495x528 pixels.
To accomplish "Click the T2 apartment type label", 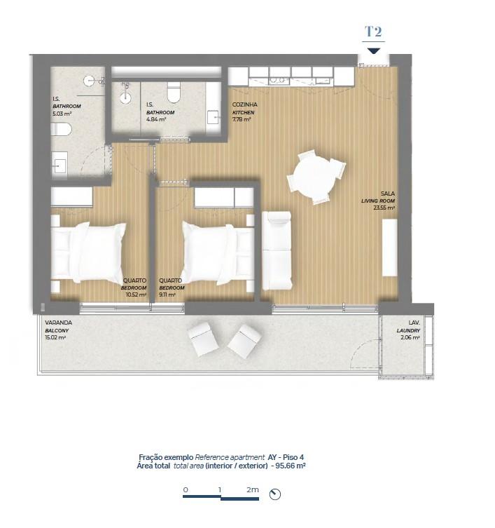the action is point(373,32).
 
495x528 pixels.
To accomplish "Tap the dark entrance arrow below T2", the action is point(374,51).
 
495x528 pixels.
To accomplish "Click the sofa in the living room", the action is point(277,250).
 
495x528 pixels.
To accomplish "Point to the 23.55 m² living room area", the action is point(384,208).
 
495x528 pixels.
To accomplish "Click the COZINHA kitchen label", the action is point(245,104).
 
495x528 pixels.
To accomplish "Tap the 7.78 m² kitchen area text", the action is point(242,119).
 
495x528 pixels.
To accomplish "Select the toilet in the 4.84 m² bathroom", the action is point(174,93).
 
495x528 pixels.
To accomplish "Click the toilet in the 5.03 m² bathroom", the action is point(61,129).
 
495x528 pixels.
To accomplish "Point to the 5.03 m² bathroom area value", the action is point(62,114).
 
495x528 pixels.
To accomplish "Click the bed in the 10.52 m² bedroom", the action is point(88,252).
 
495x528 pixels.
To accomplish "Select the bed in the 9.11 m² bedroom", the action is point(218,252).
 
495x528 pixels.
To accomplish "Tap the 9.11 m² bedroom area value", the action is point(167,295).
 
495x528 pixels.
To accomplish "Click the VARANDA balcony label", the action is point(59,323).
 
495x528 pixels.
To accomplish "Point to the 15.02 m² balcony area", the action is point(55,337).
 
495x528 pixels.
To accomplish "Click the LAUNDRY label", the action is point(408,331).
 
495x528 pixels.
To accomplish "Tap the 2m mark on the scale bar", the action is point(253,489).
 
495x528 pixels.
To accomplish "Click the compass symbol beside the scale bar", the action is point(275,494).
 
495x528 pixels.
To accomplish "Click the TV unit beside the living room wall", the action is point(390,248).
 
